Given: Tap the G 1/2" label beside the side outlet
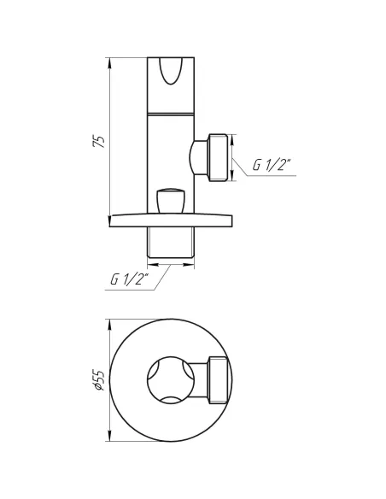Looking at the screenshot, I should (x=272, y=166).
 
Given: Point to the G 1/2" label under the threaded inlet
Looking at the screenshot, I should (x=129, y=279).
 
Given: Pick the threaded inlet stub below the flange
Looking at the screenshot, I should (x=170, y=244).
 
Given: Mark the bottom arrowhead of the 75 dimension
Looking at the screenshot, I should (x=110, y=224).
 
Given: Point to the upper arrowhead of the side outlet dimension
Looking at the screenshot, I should (x=232, y=135).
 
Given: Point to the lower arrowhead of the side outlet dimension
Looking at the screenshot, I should (x=232, y=179).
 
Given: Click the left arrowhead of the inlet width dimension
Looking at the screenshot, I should (x=150, y=266).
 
